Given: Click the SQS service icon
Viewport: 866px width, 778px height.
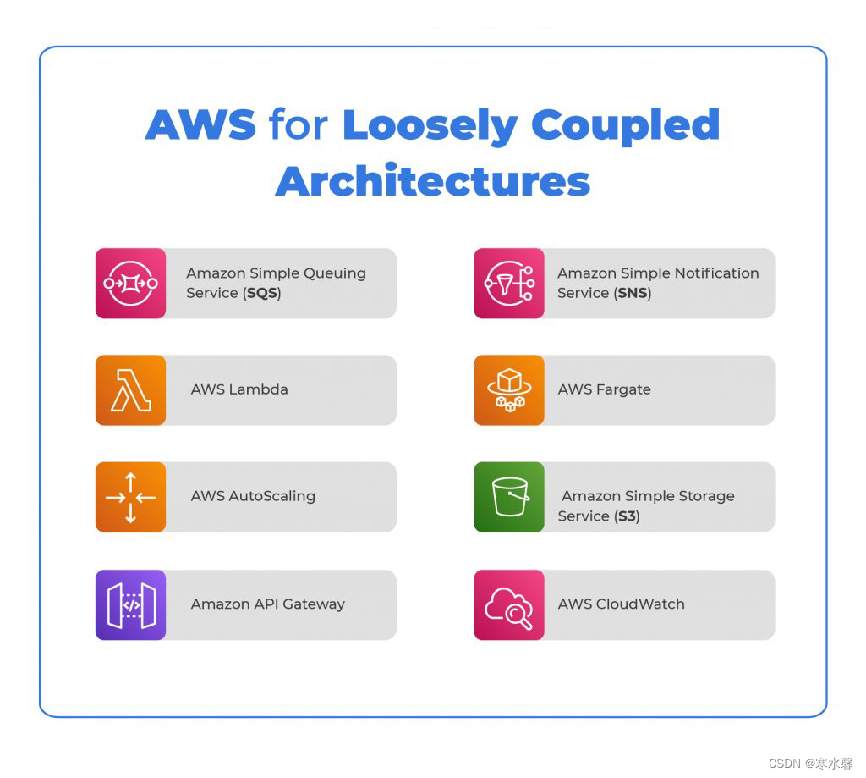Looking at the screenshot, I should tap(130, 283).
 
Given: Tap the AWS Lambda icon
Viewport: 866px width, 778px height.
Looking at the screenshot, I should tap(130, 390).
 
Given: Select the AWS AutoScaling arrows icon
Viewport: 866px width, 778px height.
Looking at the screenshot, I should tap(130, 497).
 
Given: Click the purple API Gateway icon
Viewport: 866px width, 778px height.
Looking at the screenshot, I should tap(130, 604).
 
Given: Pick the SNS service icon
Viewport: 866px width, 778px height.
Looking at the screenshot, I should tap(508, 283).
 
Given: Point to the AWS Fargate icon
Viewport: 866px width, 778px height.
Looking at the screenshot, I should tap(508, 390).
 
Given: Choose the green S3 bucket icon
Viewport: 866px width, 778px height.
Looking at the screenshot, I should tap(508, 497).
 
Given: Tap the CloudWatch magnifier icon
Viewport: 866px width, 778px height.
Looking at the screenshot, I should tap(508, 604).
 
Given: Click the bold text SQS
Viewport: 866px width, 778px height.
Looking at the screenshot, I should tap(262, 293).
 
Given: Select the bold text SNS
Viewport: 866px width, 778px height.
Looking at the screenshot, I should tap(633, 293).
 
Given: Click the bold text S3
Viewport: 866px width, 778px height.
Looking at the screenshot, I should tap(627, 516).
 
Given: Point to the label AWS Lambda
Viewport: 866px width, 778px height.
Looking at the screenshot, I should tap(238, 390).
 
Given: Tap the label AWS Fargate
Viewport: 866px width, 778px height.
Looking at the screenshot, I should tap(604, 390).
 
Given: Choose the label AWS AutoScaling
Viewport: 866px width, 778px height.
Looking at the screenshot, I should tap(253, 497).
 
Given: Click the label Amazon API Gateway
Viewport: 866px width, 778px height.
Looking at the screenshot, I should tap(267, 604).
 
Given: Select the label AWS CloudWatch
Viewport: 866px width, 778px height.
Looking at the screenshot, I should tap(621, 604).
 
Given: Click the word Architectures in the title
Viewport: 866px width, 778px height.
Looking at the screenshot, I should tap(432, 180).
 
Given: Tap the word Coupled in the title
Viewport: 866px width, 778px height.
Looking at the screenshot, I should tap(625, 125).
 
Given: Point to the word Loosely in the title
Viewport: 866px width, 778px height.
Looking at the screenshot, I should tap(430, 125).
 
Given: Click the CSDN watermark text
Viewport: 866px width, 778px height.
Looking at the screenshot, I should tap(810, 763).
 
